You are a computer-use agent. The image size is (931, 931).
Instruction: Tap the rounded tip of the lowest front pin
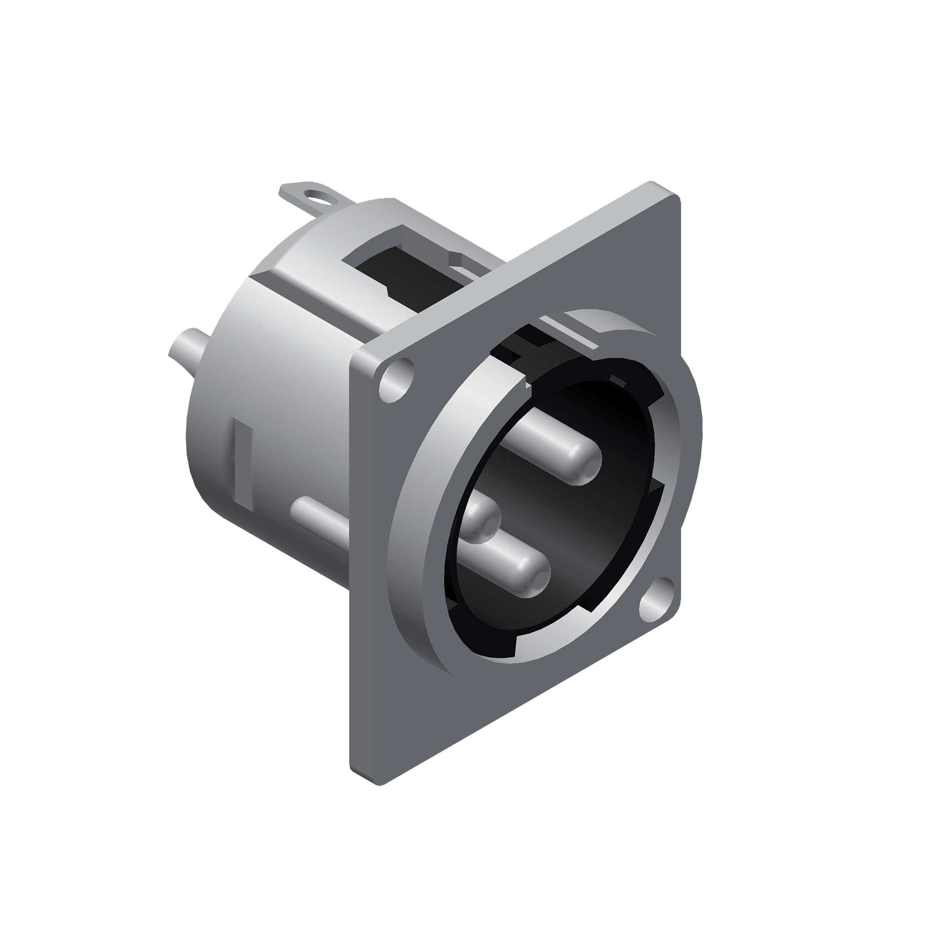(535, 576)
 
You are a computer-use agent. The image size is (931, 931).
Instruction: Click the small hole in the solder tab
(319, 195)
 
